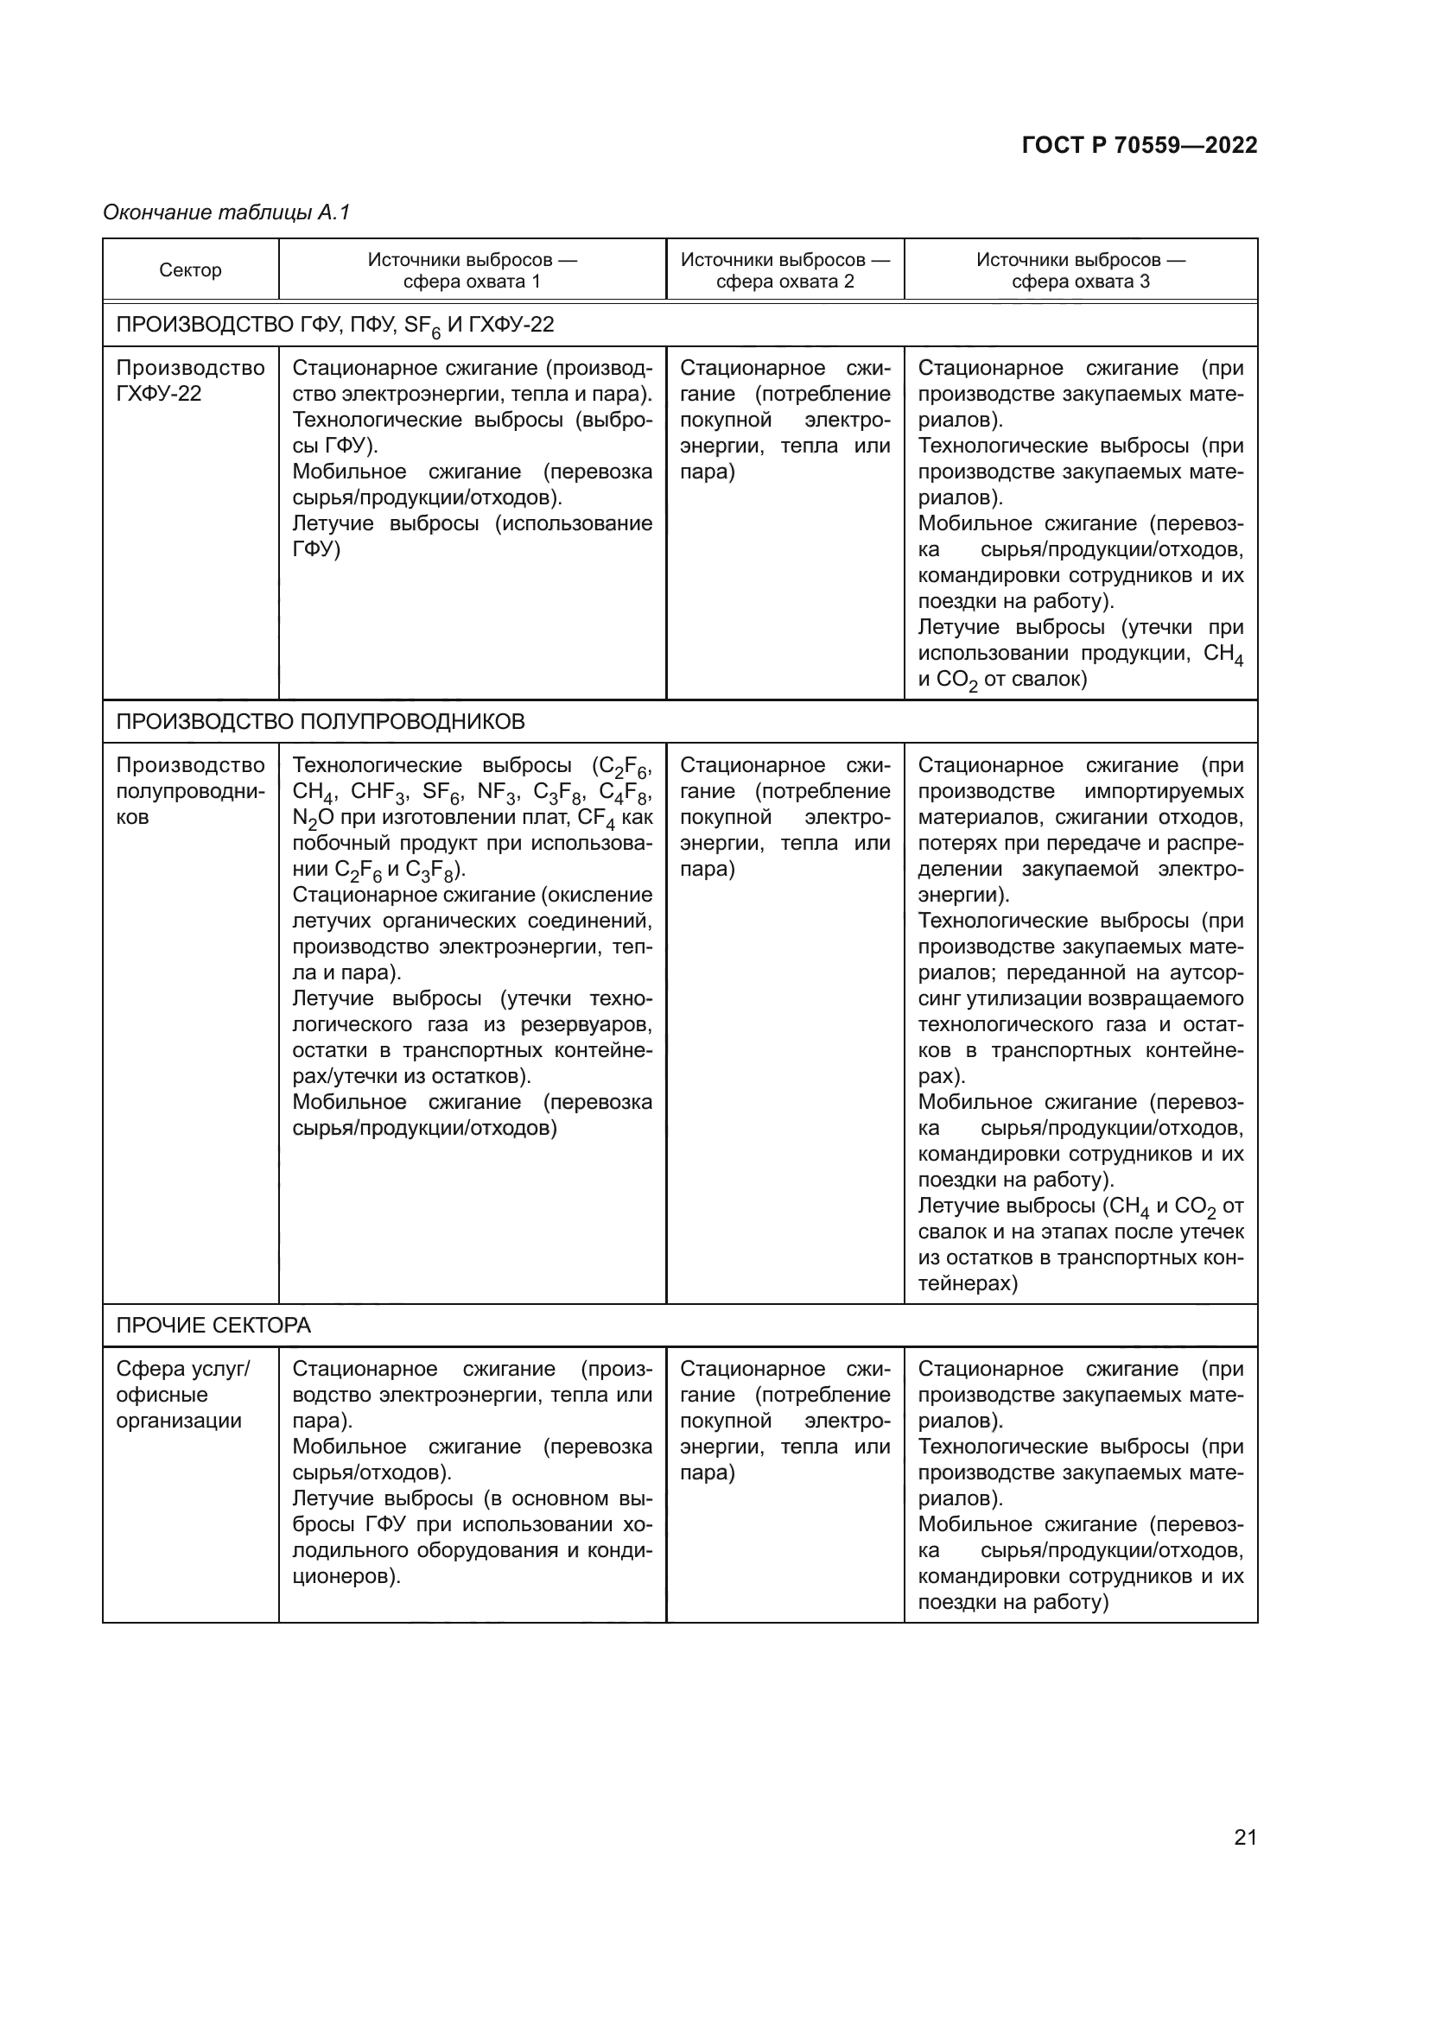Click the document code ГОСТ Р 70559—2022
coord(1140,145)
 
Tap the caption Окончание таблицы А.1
coord(227,212)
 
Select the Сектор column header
coord(190,270)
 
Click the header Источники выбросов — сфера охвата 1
coord(472,270)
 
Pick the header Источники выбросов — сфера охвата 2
coord(784,270)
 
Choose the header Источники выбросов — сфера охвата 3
coord(1081,270)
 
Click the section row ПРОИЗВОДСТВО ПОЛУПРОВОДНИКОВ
coord(321,721)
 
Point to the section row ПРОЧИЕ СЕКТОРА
coord(213,1325)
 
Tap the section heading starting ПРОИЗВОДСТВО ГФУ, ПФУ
coord(334,325)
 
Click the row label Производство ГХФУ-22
coord(190,380)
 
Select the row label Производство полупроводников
coord(190,790)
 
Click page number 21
coord(1245,1837)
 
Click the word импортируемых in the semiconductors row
coord(1164,791)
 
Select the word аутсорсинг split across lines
coord(1207,973)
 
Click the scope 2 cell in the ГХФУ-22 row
coord(784,420)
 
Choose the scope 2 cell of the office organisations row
coord(784,1421)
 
